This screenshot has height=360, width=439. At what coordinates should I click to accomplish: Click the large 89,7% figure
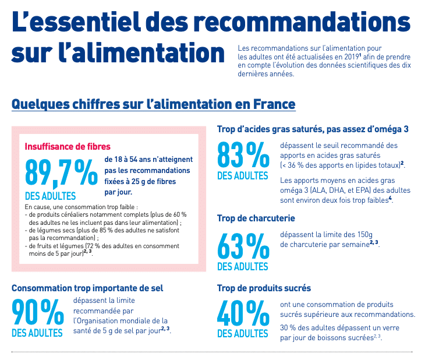(x=61, y=173)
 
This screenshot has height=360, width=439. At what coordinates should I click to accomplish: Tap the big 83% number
(x=243, y=154)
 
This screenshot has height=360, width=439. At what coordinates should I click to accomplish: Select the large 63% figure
(x=243, y=246)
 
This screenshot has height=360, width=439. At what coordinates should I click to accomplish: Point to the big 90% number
(x=37, y=312)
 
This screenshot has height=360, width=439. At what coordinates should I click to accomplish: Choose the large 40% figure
(x=243, y=313)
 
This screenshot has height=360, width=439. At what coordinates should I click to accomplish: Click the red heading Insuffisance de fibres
(x=68, y=147)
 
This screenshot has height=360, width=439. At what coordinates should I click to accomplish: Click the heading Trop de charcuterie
(x=256, y=218)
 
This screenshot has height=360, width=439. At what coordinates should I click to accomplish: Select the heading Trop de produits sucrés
(x=264, y=288)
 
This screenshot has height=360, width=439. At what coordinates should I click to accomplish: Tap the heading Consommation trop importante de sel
(x=87, y=288)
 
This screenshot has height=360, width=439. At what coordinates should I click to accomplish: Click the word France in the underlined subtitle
(x=274, y=104)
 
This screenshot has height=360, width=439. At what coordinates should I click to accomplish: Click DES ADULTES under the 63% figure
(x=243, y=267)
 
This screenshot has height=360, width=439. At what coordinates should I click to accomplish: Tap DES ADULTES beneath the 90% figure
(x=37, y=333)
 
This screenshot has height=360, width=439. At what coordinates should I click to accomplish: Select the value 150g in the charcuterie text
(x=365, y=235)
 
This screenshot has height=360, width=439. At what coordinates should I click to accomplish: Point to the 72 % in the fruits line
(x=93, y=246)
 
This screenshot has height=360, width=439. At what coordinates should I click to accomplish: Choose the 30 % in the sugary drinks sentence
(x=288, y=328)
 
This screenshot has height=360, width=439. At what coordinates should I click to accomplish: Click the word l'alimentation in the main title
(x=141, y=52)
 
